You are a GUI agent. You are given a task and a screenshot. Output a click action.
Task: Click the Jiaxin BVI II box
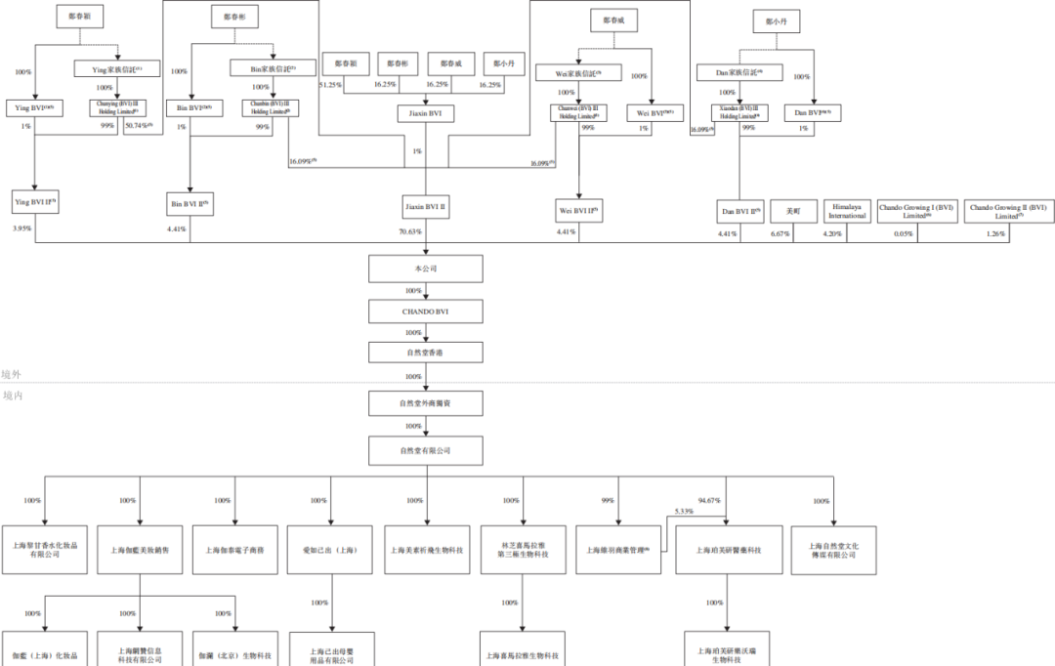pos(425,207)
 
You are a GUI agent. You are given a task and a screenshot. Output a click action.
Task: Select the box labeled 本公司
pos(425,269)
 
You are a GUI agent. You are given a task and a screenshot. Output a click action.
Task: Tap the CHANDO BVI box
pos(425,312)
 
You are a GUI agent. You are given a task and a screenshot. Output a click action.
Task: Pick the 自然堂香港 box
pos(425,353)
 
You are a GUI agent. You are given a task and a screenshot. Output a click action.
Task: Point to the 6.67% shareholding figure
pos(780,233)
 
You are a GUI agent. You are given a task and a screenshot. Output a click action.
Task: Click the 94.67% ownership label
pos(709,500)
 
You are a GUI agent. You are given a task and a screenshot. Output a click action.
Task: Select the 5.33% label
pos(684,511)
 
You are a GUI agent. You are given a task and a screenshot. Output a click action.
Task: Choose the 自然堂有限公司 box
pos(425,450)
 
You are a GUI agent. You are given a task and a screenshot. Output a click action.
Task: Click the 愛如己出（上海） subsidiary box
pos(331,550)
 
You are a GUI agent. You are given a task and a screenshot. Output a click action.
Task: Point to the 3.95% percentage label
pos(21,229)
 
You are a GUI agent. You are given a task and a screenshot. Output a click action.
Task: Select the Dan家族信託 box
pos(740,72)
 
